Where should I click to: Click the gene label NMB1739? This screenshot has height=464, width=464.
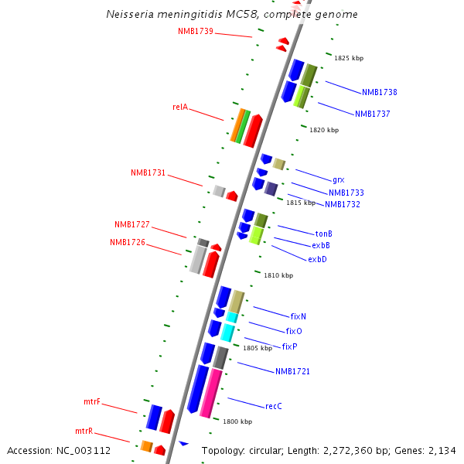195,31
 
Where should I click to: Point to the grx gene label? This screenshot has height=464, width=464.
338,179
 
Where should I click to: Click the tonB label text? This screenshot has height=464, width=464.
323,234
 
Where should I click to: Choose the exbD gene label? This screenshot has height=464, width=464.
317,259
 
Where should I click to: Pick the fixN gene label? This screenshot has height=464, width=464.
298,316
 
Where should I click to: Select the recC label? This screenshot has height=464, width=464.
273,406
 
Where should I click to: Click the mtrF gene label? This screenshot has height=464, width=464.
92,402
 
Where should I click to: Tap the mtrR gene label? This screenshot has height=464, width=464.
84,431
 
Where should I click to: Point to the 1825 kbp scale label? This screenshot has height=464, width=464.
348,58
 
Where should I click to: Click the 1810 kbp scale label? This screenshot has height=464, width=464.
278,275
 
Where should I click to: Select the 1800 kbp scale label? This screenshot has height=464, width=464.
237,421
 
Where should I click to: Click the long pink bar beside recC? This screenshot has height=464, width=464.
210,393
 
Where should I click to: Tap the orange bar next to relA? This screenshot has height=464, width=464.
237,125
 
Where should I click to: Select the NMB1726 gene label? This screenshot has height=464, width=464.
128,242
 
